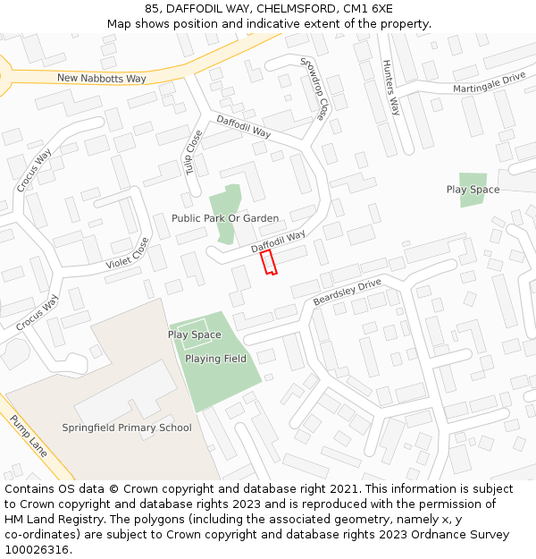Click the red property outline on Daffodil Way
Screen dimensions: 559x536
pos(268,262)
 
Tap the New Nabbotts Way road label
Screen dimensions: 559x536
pos(101,79)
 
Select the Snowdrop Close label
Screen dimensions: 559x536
pos(313,89)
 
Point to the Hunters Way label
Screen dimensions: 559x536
pos(390,88)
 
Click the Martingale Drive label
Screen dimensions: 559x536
pos(489,83)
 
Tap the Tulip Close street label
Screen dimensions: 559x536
pos(194,151)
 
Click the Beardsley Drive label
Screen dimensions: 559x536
pos(347,292)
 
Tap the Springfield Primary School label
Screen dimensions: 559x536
pos(127,428)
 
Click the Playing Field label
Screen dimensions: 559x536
pos(215,359)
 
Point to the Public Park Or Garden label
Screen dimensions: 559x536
pos(225,218)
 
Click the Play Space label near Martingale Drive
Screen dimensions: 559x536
pos(473,190)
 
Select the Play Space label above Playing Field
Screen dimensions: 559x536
pos(194,335)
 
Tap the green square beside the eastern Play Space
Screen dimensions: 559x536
pos(473,179)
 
